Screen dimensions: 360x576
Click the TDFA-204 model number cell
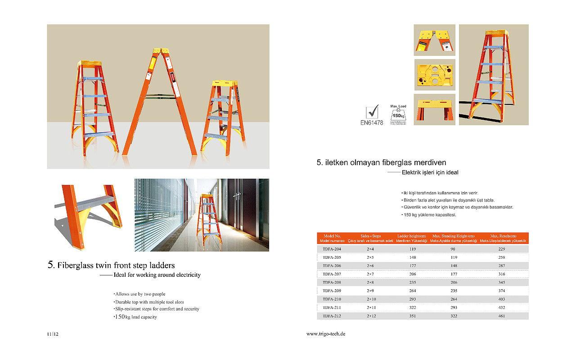(332, 249)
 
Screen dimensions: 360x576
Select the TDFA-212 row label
(332, 316)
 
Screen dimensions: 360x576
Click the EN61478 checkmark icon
(372, 112)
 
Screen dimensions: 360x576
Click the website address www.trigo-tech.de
(326, 334)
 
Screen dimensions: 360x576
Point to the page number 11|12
(53, 334)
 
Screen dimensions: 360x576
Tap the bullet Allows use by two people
(140, 294)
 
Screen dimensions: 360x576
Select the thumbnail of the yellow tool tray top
(434, 75)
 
